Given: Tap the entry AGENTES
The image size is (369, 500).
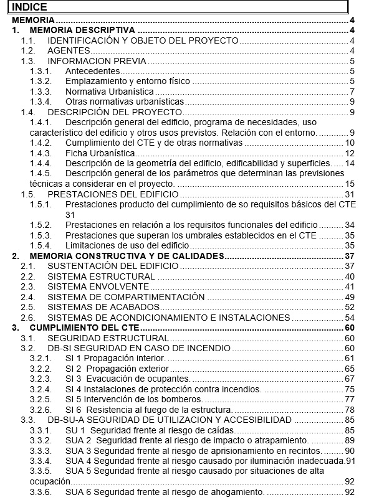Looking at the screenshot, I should (x=69, y=50).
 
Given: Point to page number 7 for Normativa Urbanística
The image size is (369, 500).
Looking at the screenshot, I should (x=352, y=92).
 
